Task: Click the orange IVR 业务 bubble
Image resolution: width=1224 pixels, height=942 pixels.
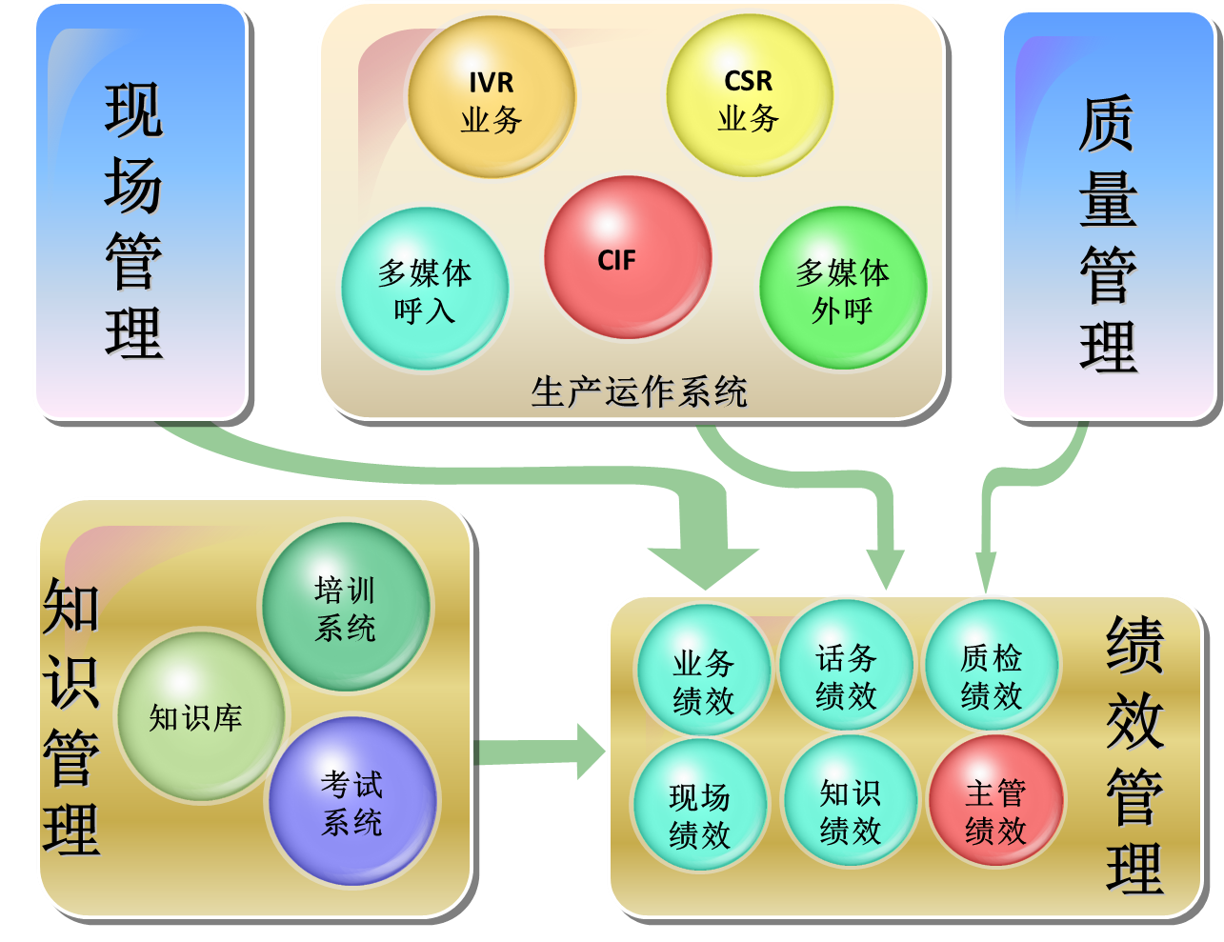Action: tap(492, 98)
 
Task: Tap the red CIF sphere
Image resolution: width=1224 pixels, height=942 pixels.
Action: tap(628, 257)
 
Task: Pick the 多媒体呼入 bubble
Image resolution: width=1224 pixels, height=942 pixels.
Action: tap(425, 290)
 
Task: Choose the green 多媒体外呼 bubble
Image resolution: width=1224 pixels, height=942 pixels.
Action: tap(842, 290)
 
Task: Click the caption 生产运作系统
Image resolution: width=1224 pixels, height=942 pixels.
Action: tap(638, 391)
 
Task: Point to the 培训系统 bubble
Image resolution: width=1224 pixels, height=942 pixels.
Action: tap(345, 608)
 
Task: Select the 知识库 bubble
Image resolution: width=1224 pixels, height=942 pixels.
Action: tap(198, 716)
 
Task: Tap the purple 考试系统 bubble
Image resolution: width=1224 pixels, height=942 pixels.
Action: tap(351, 802)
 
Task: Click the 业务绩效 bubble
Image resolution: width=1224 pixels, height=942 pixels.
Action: tap(703, 680)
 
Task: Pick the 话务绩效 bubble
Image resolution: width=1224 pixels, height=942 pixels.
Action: tap(846, 676)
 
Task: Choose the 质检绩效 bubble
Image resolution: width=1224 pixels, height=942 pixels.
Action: tap(991, 675)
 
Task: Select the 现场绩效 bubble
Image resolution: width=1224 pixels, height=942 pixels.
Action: tap(699, 814)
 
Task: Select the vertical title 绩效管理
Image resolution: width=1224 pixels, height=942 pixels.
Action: tap(1134, 753)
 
